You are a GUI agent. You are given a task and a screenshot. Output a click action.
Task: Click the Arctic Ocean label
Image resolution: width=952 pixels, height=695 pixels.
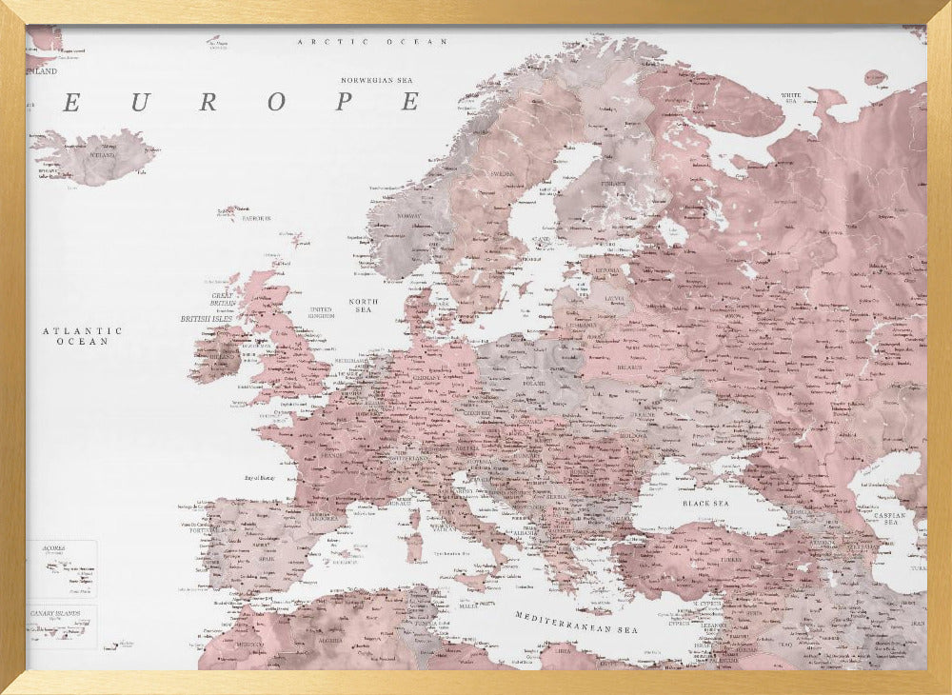(x=372, y=42)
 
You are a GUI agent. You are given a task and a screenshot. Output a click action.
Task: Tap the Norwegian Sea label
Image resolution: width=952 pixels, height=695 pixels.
(x=381, y=80)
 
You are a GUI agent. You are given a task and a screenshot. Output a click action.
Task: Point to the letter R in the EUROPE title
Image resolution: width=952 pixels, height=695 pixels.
(x=207, y=103)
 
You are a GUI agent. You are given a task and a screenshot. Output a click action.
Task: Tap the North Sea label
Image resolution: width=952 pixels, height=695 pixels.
(x=363, y=306)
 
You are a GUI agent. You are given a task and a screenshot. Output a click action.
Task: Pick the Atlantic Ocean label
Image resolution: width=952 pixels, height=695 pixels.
(x=82, y=335)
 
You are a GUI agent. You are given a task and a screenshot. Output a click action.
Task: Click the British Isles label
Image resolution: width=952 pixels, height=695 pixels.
(x=208, y=319)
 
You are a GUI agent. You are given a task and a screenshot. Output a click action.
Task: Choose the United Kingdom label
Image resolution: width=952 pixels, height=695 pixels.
(x=321, y=312)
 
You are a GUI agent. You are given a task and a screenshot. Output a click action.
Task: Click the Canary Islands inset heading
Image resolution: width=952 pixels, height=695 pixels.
(x=54, y=613)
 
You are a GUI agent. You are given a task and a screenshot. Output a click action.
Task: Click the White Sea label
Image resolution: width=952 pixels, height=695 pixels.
(x=791, y=96)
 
